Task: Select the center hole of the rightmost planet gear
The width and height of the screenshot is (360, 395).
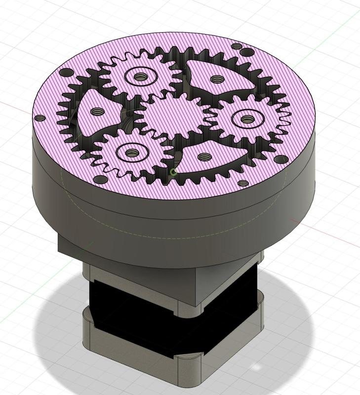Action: [x=246, y=118]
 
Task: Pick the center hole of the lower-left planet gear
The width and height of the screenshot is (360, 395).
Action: [x=131, y=153]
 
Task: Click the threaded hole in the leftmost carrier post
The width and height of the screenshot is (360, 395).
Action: [x=95, y=112]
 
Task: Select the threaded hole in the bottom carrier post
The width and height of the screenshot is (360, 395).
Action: [x=203, y=157]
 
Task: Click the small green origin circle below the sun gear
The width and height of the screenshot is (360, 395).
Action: [x=173, y=172]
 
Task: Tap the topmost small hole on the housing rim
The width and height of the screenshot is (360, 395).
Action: [x=238, y=47]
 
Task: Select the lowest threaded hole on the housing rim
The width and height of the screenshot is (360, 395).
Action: [x=243, y=183]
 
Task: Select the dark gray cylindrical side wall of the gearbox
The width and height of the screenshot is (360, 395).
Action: [x=148, y=217]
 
